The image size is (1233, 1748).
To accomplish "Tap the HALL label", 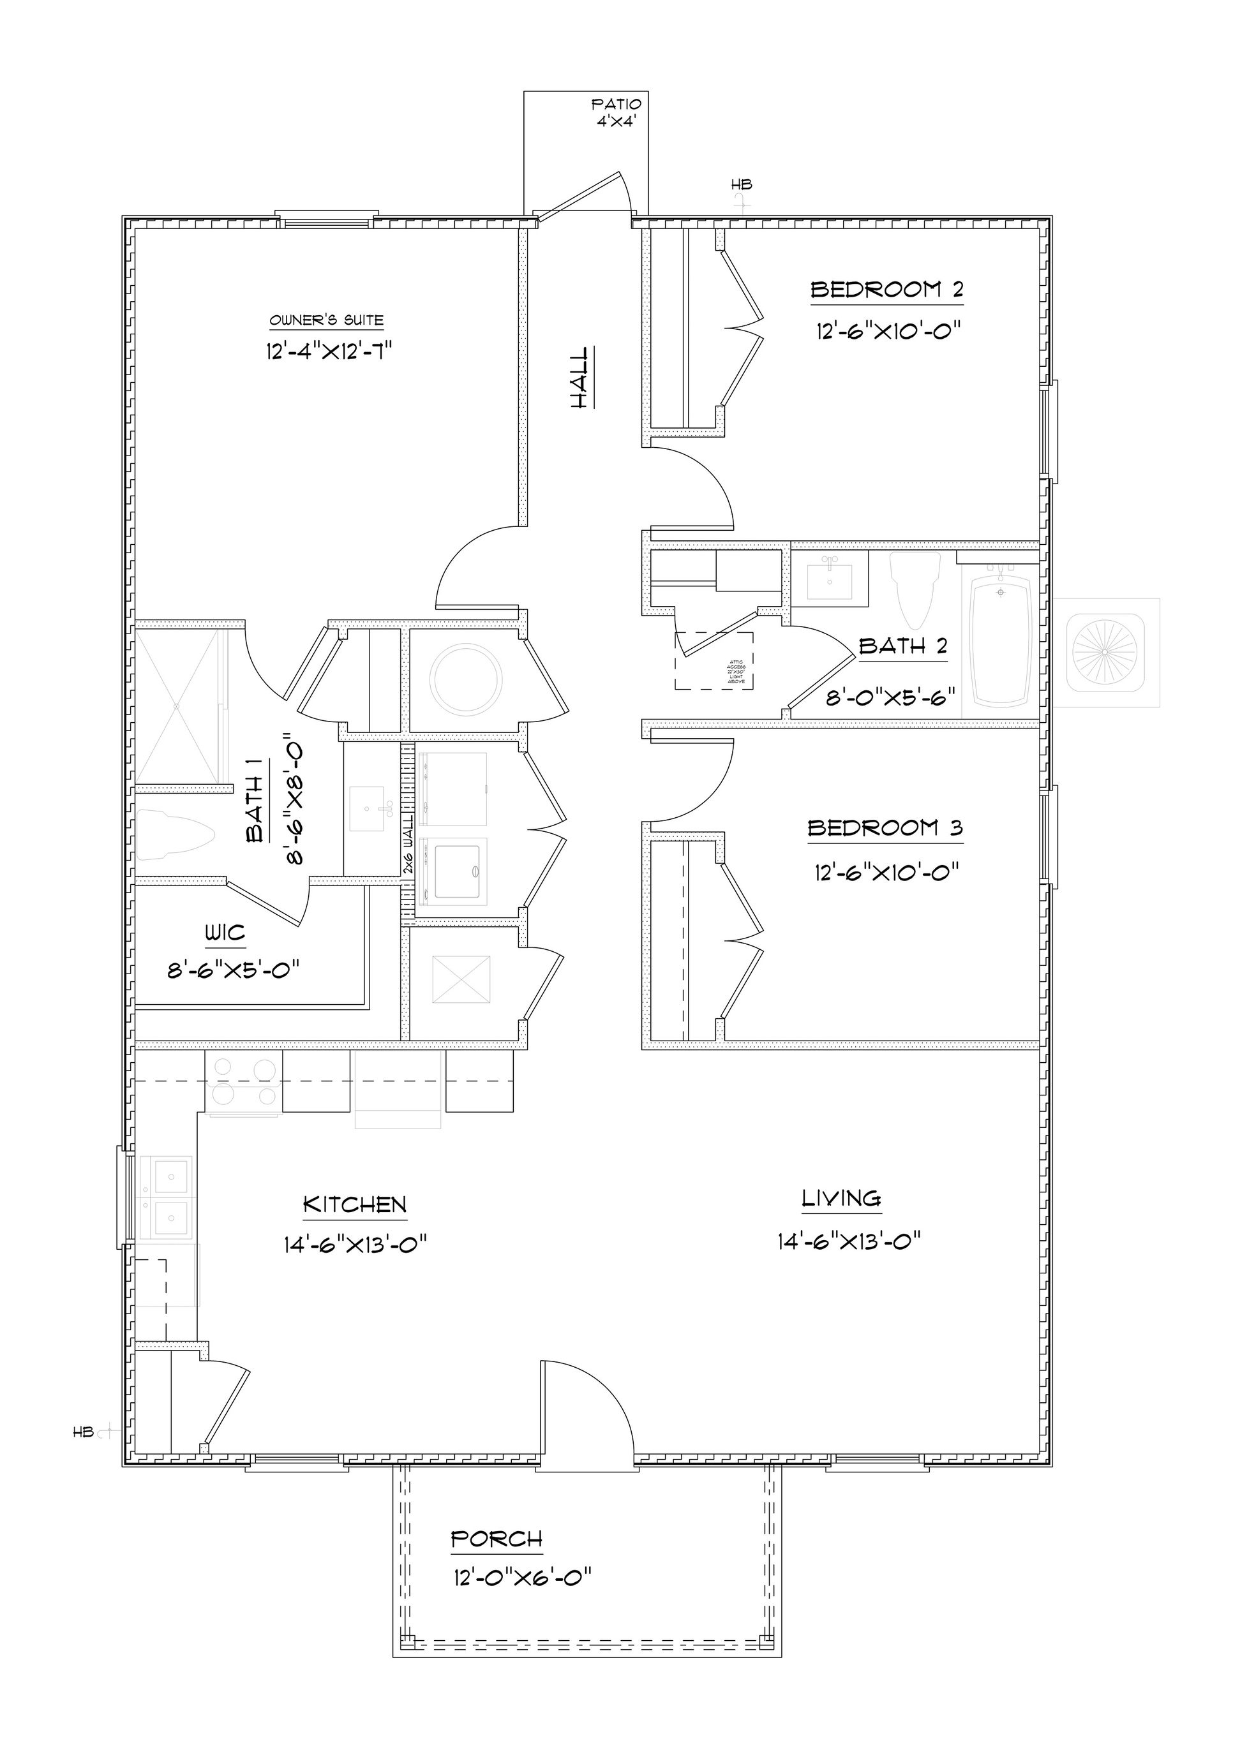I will tap(580, 378).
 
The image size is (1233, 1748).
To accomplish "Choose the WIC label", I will tap(225, 933).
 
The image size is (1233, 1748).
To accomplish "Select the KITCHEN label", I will tap(354, 1204).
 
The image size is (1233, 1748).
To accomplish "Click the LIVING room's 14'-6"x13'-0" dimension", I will tap(849, 1241).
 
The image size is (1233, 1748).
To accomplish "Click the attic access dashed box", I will tap(714, 661).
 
